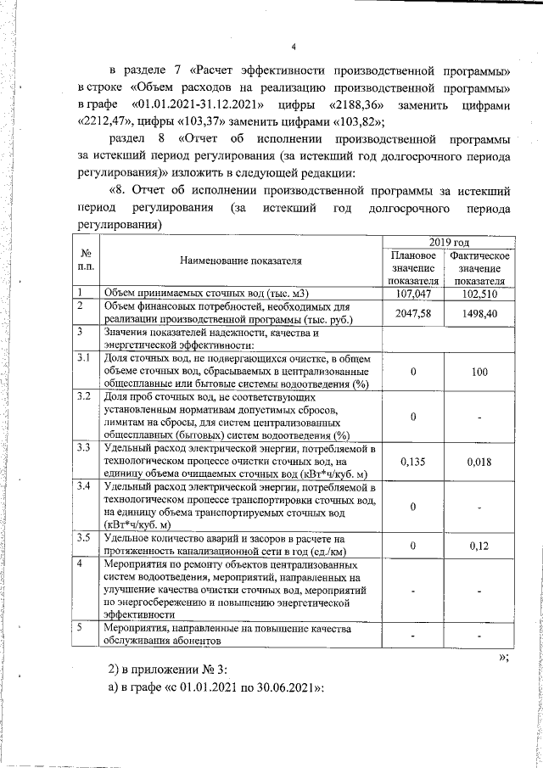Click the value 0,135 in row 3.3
tap(411, 462)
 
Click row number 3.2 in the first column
tap(83, 396)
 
